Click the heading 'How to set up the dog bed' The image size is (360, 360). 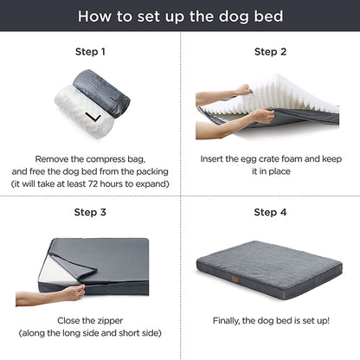click(x=180, y=16)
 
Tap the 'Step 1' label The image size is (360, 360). click(x=90, y=52)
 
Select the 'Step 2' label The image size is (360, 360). click(x=270, y=52)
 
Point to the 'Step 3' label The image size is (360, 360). click(x=90, y=212)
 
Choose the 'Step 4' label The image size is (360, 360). click(x=270, y=212)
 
